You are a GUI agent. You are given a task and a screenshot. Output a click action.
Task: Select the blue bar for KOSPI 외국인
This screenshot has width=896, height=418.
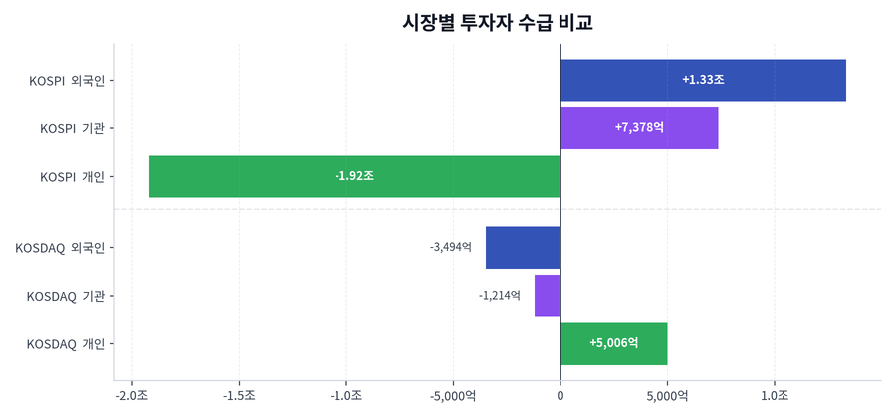(x=777, y=80)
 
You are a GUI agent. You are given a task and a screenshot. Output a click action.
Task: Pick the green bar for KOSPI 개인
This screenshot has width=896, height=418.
(x=249, y=176)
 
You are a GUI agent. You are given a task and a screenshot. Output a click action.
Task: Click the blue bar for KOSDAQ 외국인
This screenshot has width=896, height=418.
(x=523, y=247)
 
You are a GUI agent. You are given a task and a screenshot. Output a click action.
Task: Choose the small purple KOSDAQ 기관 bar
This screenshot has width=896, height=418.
(x=548, y=296)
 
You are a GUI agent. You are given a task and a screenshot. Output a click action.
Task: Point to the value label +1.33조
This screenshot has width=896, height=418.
(x=703, y=80)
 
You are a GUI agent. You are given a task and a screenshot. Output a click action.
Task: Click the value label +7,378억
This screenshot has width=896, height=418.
(x=639, y=127)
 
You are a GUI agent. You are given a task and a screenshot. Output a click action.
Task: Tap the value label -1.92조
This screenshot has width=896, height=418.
(x=354, y=176)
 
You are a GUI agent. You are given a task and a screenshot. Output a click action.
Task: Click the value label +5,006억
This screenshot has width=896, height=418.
(x=613, y=343)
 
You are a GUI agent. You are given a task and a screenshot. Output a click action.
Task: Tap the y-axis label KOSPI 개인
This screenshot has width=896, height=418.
(x=72, y=177)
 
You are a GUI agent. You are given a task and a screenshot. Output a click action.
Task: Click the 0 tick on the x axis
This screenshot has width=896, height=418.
(x=560, y=396)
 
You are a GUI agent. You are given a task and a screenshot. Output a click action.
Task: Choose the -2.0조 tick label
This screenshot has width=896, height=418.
(x=131, y=396)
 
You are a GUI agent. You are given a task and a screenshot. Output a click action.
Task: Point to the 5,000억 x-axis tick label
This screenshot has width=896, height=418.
(x=667, y=396)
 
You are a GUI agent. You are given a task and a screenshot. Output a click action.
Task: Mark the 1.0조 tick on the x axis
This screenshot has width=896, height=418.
(x=774, y=396)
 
